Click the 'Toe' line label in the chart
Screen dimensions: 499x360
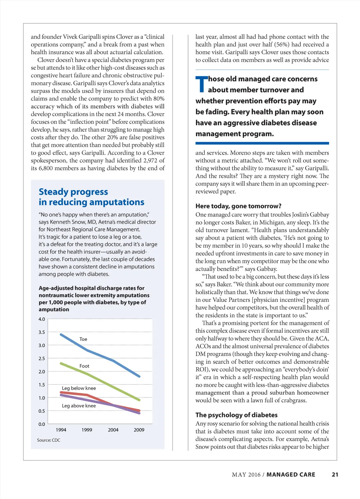tap(83, 339)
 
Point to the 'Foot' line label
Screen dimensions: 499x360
tap(84, 366)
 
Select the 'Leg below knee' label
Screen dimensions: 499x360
tap(79, 388)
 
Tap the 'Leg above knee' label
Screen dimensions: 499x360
tap(79, 406)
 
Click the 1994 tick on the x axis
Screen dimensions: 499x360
tap(61, 430)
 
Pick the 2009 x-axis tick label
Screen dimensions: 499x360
tap(139, 430)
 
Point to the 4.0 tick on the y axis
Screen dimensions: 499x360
tap(42, 319)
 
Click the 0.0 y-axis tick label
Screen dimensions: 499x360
tap(42, 424)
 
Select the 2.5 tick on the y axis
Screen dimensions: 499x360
tap(42, 358)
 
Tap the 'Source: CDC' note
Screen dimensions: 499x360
tap(49, 440)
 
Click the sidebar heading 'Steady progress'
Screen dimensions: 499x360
tap(73, 192)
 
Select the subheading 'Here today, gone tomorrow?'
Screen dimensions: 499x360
tap(238, 206)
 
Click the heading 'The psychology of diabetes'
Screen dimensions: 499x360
tap(237, 415)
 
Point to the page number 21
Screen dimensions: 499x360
tap(335, 474)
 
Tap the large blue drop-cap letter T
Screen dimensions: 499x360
tap(201, 84)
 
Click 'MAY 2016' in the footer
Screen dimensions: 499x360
tap(246, 474)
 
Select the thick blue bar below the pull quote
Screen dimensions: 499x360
tap(262, 143)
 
